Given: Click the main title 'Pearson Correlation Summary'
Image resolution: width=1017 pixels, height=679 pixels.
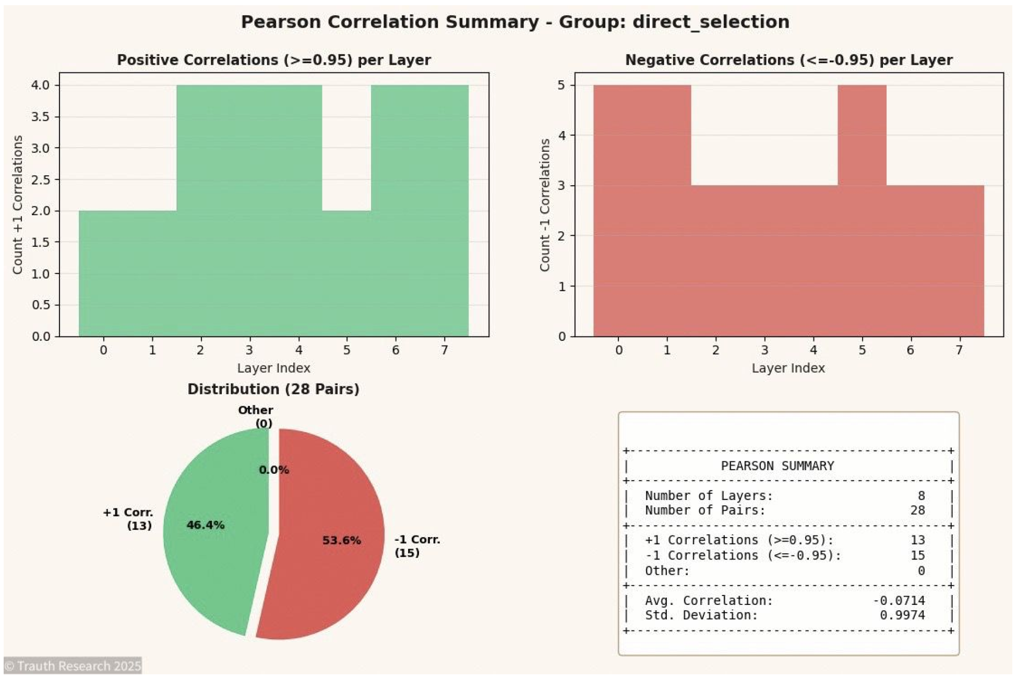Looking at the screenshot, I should [389, 22].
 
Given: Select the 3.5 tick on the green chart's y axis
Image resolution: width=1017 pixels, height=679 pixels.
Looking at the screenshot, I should [41, 116].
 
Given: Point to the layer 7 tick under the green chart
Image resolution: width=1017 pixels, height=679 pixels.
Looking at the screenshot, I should [444, 350].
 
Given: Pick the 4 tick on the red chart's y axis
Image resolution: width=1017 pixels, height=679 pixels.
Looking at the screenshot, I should [562, 136].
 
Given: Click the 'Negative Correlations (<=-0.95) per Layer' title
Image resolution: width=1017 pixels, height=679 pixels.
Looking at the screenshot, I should [788, 60].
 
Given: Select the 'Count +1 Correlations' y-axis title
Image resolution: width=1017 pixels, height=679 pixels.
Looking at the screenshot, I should [18, 205].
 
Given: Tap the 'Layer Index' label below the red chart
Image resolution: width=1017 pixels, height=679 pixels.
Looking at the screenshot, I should [788, 368].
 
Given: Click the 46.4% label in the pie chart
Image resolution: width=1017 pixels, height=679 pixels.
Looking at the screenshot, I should [205, 525].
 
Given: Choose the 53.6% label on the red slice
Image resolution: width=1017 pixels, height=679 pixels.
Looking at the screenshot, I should [341, 540].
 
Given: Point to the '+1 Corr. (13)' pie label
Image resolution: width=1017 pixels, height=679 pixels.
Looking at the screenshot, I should [128, 519].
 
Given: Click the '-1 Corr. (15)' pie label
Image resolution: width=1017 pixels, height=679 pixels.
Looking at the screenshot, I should [416, 546].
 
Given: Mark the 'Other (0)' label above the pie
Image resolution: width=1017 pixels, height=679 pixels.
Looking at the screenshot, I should [256, 416].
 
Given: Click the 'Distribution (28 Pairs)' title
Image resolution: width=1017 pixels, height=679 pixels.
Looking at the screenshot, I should [273, 389].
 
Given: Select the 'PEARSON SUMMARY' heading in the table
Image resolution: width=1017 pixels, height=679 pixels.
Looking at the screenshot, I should [777, 466].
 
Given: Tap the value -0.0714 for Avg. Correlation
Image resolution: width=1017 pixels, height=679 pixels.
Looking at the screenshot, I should [899, 601].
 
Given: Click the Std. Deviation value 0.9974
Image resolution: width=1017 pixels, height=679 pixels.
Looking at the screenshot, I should [902, 615].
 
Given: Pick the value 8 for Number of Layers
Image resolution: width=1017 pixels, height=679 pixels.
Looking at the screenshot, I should [921, 495].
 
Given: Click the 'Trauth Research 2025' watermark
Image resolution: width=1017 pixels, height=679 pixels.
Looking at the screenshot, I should [73, 666].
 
